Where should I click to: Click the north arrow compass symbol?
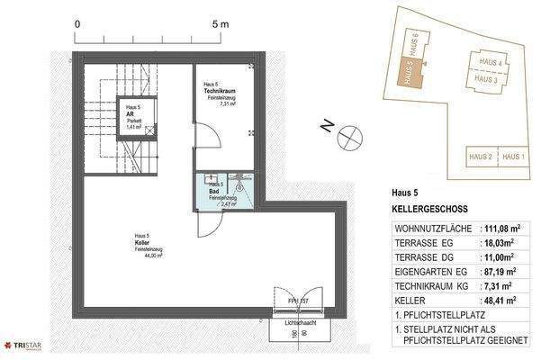coord(349,140)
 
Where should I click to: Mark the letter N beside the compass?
coord(326,127)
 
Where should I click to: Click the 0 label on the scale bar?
coord(79,24)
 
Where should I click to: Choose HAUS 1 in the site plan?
coord(512,157)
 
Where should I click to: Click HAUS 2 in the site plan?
coord(481,157)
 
